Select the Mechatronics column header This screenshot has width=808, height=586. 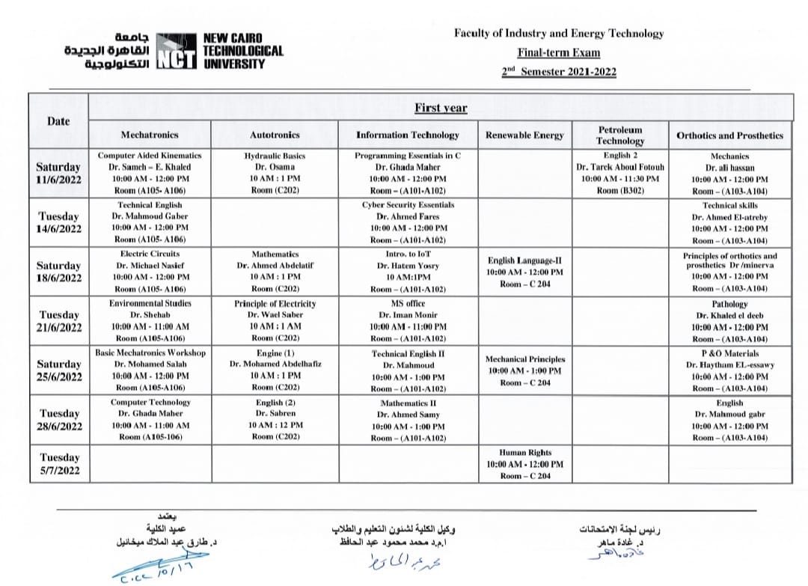[x=150, y=135]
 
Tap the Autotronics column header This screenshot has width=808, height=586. [x=275, y=135]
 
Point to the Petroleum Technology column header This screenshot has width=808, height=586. [x=619, y=135]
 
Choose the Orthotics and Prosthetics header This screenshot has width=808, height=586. [x=729, y=135]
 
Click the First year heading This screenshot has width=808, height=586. [x=441, y=108]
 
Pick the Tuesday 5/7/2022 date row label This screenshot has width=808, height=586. [x=59, y=464]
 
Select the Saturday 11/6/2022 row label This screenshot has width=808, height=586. [x=59, y=173]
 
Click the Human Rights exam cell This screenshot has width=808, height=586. [x=524, y=464]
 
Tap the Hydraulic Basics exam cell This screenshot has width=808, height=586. [x=275, y=173]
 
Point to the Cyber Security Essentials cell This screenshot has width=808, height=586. [x=408, y=222]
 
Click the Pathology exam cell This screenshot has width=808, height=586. [x=729, y=321]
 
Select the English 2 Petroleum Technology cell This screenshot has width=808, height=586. [x=619, y=173]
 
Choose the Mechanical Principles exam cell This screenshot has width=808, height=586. [x=524, y=370]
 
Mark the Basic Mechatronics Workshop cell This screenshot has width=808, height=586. [x=150, y=370]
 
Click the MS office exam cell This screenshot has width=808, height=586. [x=408, y=321]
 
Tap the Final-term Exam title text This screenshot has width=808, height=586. [x=558, y=53]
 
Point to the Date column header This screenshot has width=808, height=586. [x=58, y=121]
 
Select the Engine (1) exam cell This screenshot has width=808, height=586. [x=275, y=370]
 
